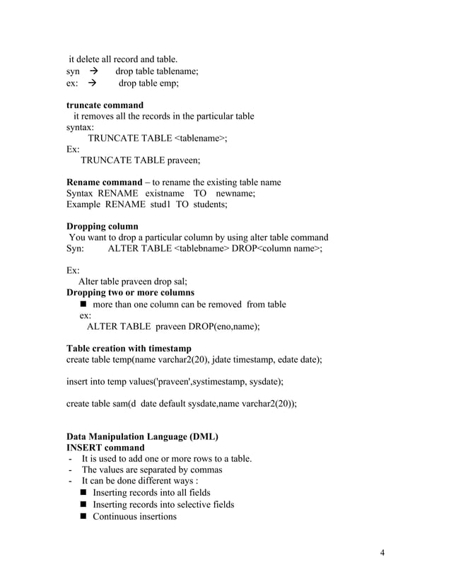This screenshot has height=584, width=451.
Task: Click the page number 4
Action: click(x=382, y=552)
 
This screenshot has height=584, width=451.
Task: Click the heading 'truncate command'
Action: click(x=105, y=105)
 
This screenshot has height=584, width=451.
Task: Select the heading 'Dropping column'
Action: click(x=102, y=227)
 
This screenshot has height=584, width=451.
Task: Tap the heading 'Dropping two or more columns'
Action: click(x=130, y=293)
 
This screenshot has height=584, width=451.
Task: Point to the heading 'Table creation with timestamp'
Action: click(x=131, y=349)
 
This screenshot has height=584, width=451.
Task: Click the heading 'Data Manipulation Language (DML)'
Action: click(x=142, y=436)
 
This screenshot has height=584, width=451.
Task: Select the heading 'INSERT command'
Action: click(x=105, y=448)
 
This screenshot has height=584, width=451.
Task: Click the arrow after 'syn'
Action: click(x=93, y=71)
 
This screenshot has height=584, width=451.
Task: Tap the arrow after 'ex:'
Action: click(x=93, y=83)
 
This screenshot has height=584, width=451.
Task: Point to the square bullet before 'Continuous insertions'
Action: click(x=85, y=516)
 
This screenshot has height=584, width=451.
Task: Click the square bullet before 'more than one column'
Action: click(x=85, y=305)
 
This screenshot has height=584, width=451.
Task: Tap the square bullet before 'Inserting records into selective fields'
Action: click(x=85, y=505)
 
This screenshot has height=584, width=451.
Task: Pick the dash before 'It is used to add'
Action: click(x=71, y=459)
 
